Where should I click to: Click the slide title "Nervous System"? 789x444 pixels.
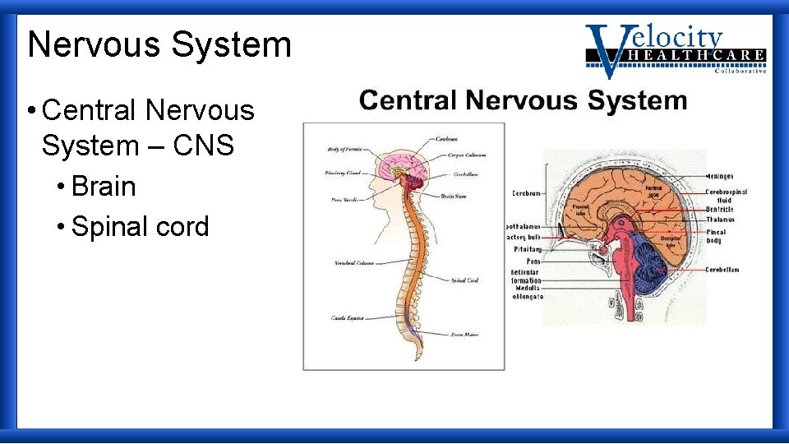click(159, 44)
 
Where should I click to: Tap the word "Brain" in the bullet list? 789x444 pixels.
click(104, 187)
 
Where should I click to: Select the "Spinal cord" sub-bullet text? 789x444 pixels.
click(140, 227)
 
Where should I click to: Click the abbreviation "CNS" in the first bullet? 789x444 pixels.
click(204, 146)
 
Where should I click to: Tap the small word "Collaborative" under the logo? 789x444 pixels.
click(740, 72)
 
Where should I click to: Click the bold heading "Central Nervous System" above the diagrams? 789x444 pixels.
click(523, 101)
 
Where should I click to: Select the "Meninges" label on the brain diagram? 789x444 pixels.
click(720, 176)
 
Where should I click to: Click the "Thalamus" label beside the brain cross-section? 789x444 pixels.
click(720, 220)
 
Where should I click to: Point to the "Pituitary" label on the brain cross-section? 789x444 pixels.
click(528, 248)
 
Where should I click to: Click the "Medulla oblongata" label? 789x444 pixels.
click(527, 293)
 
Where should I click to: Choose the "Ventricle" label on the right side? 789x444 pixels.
click(720, 210)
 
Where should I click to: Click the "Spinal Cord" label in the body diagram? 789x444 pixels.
click(464, 280)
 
